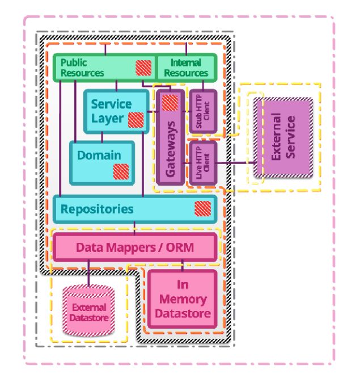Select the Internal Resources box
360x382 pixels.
click(x=186, y=68)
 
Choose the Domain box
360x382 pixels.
click(x=99, y=156)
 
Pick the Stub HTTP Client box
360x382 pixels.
click(x=202, y=111)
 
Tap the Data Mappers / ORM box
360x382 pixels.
click(x=135, y=247)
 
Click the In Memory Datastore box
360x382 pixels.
click(x=183, y=299)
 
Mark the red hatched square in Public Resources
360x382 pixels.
click(x=143, y=67)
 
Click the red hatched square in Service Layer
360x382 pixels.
click(x=135, y=120)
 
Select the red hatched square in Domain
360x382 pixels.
click(x=121, y=171)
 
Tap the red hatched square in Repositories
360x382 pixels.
click(x=202, y=209)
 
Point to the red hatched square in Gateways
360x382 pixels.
click(x=170, y=103)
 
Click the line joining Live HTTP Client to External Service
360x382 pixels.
click(x=235, y=163)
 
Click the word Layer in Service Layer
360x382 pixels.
click(x=108, y=118)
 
